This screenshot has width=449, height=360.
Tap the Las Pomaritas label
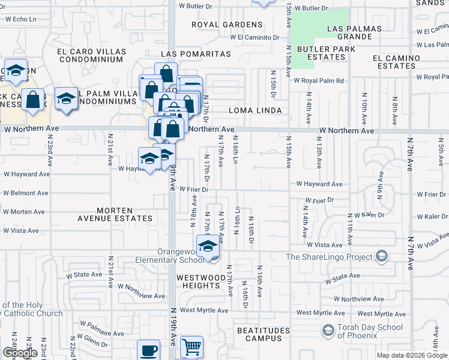pyautogui.click(x=196, y=54)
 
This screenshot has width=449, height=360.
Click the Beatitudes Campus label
pyautogui.click(x=263, y=335)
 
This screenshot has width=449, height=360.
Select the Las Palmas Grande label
pyautogui.click(x=354, y=32)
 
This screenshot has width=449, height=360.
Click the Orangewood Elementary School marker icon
pyautogui.click(x=208, y=247)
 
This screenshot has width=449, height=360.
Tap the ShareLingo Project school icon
pyautogui.click(x=381, y=257)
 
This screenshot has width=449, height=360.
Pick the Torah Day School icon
pyautogui.click(x=328, y=330)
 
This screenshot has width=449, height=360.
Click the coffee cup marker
pyautogui.click(x=148, y=350)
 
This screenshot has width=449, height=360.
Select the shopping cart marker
pyautogui.click(x=191, y=347)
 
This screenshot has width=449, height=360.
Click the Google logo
pyautogui.click(x=20, y=353)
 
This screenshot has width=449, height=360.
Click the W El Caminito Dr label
pyautogui.click(x=255, y=37)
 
